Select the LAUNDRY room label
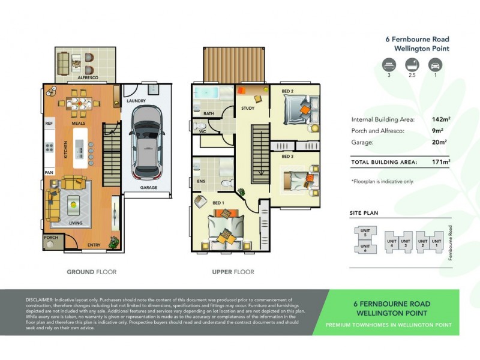point(136,101)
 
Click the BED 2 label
point(287,91)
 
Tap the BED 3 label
point(287,156)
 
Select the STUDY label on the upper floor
point(248,109)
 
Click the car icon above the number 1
point(436,65)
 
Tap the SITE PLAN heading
point(364,213)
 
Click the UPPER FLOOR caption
point(233,272)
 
